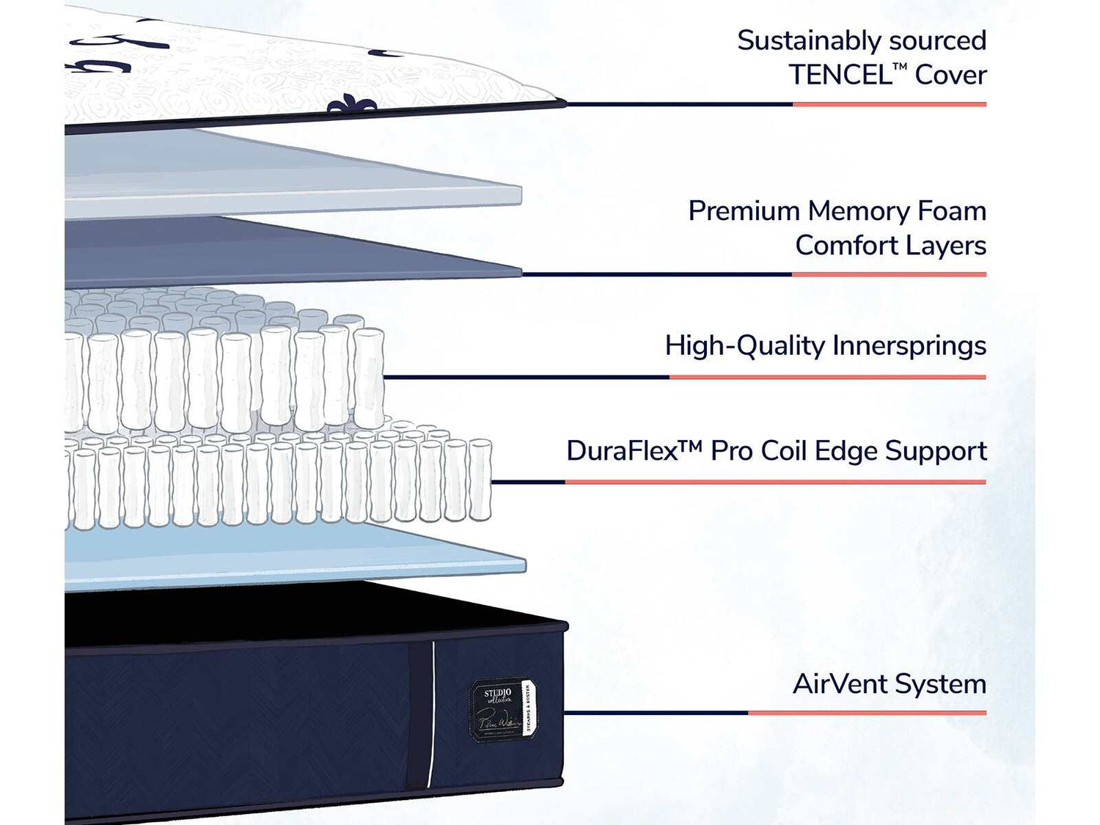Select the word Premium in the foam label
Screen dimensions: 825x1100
pos(744,211)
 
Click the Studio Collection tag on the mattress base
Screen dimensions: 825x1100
pos(503,709)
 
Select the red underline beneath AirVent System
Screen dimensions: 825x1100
pos(867,713)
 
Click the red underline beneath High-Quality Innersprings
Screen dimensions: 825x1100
pos(827,378)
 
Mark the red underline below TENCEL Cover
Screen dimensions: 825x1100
pos(889,105)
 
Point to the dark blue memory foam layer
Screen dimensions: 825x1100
pos(293,253)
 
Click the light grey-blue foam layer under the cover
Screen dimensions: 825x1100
pos(293,176)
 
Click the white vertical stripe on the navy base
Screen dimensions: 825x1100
pos(432,711)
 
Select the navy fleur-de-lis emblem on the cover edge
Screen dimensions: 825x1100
pos(352,106)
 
